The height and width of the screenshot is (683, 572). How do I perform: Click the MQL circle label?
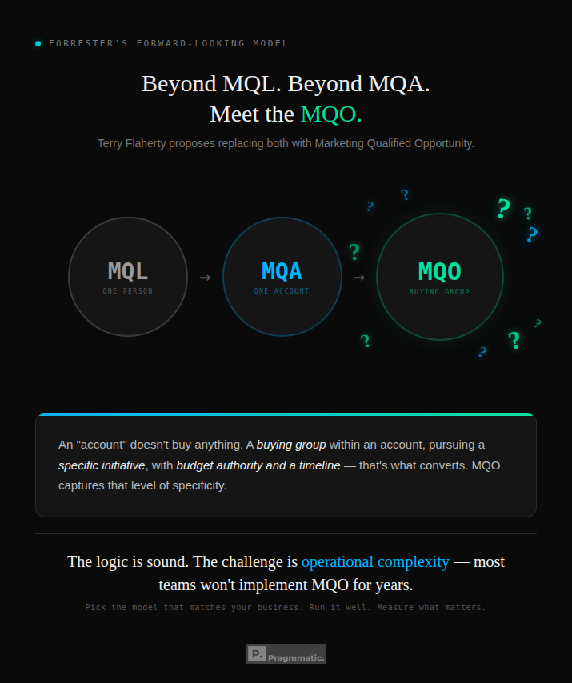[128, 271]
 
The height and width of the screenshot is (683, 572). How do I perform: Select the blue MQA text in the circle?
[282, 271]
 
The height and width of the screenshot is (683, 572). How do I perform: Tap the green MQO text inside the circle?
[439, 271]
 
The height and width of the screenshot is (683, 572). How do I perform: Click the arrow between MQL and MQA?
[205, 278]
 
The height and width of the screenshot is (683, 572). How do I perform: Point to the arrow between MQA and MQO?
[359, 278]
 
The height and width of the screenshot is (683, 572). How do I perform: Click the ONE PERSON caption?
[128, 291]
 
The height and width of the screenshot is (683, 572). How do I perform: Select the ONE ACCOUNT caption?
[282, 291]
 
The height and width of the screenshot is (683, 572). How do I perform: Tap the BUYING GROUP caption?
[439, 292]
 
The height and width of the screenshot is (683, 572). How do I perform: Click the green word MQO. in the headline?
[331, 114]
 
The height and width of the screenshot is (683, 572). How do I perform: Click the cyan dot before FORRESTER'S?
[38, 43]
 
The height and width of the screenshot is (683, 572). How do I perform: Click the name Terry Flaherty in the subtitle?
[131, 143]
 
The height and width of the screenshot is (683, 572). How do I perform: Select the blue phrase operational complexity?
[375, 561]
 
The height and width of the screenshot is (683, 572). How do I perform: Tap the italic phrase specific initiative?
[102, 465]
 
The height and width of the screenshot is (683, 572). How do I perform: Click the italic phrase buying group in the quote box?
[291, 444]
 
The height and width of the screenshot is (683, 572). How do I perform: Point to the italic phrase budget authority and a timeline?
[258, 465]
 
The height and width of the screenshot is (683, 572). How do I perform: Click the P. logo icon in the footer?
[256, 653]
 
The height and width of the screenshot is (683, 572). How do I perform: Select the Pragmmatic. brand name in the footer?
[297, 657]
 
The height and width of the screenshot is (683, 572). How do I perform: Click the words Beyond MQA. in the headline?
[358, 84]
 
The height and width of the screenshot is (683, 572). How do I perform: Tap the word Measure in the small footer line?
[397, 607]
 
